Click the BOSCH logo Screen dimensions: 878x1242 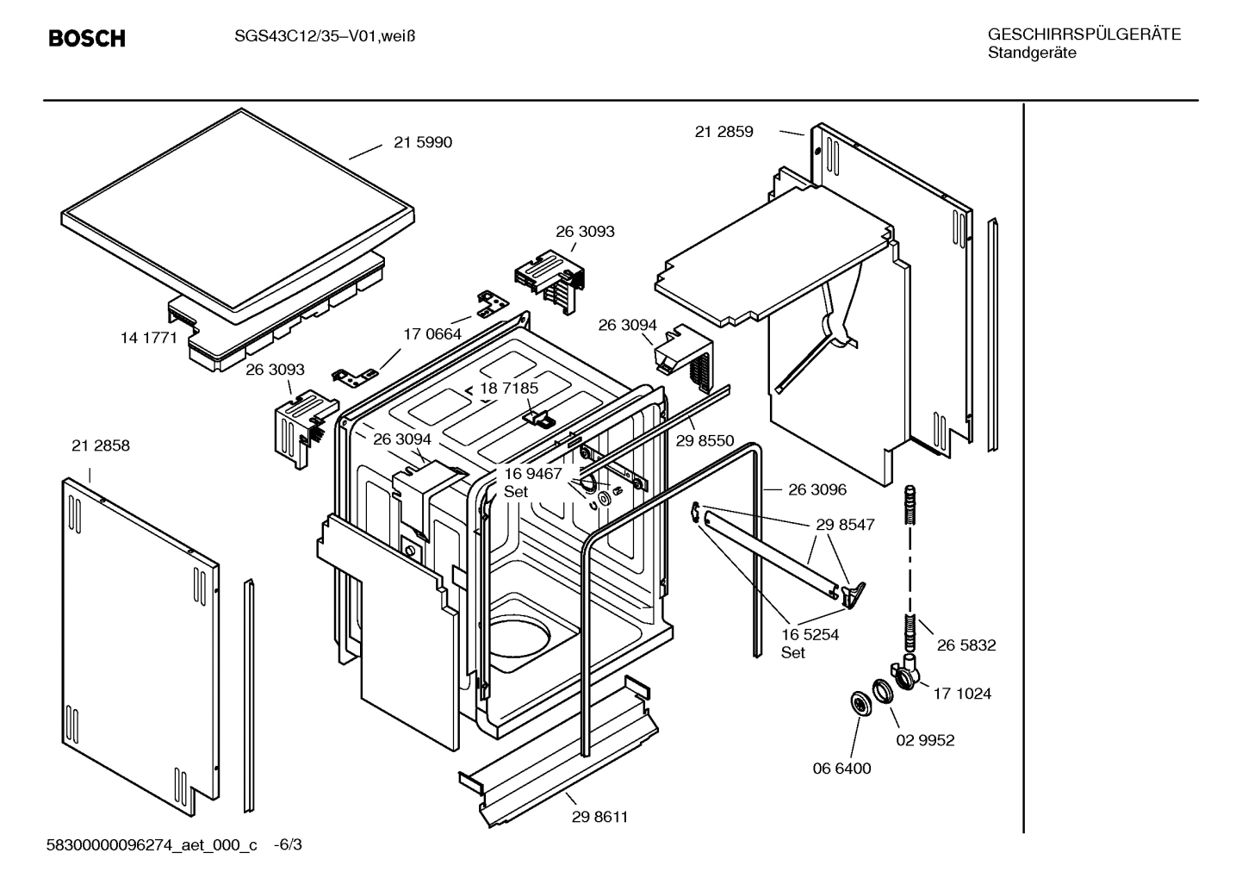click(86, 39)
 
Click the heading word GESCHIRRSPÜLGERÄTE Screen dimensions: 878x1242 click(1084, 34)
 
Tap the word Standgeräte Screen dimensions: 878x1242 click(1031, 53)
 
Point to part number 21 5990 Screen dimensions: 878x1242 click(422, 143)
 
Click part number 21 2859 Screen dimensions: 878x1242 click(723, 132)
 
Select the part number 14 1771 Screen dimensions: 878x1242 click(148, 338)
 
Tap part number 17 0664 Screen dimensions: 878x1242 click(432, 334)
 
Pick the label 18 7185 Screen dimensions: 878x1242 click(509, 389)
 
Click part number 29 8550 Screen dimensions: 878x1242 click(705, 441)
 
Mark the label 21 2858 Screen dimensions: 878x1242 click(101, 445)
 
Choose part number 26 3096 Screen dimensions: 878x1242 click(817, 489)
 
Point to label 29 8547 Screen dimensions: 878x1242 click(845, 524)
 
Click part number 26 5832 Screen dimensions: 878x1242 click(966, 645)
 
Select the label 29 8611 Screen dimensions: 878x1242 click(599, 817)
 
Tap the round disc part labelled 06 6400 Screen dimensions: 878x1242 click(859, 703)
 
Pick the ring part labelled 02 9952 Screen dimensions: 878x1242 click(883, 691)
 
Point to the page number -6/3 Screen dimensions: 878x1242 click(288, 845)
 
